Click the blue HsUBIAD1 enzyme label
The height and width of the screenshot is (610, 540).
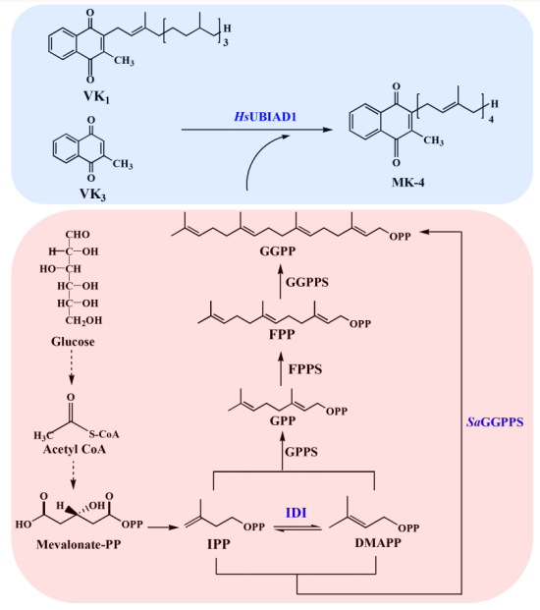pos(265,116)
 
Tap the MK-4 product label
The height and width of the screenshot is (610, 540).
pos(407,182)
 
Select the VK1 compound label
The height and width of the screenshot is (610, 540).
pos(96,96)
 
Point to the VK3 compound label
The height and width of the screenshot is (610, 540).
pos(92,194)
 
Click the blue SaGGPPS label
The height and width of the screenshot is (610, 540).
pos(495,422)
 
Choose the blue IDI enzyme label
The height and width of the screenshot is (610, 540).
pos(296,513)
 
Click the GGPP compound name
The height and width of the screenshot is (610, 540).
pos(278,251)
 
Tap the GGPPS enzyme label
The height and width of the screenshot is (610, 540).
pos(307,282)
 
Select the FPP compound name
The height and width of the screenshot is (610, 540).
pos(282,334)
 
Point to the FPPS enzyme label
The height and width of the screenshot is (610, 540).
pos(305,368)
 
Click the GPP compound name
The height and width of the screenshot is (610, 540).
pos(283,420)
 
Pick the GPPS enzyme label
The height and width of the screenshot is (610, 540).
pos(301,452)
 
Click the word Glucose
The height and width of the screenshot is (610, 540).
pos(73,342)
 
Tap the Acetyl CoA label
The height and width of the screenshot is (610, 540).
pos(75,449)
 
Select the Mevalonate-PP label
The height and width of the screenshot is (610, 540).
pos(79,544)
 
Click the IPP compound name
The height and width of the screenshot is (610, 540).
pos(219,544)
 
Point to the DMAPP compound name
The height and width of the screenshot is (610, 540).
pos(378,542)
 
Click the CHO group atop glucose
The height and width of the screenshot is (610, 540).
pos(78,234)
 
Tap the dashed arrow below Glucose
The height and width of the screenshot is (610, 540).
pos(72,366)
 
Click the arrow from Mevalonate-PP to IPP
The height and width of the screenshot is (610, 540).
pos(163,527)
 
